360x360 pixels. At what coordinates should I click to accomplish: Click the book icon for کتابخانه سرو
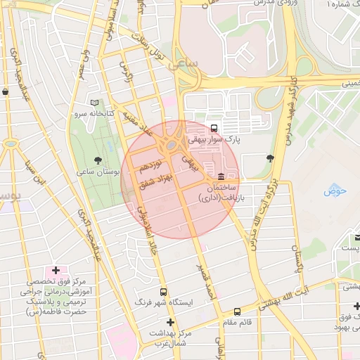[95, 103]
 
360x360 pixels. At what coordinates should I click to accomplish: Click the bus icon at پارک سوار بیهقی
[214, 128]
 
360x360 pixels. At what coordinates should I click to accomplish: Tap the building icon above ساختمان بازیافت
[221, 176]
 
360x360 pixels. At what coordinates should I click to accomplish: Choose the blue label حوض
[331, 191]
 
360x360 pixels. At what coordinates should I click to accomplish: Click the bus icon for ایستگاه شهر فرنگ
[163, 291]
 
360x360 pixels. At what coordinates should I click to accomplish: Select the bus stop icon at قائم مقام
[237, 311]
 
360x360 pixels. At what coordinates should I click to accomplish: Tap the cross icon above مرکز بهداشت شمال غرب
[169, 322]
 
